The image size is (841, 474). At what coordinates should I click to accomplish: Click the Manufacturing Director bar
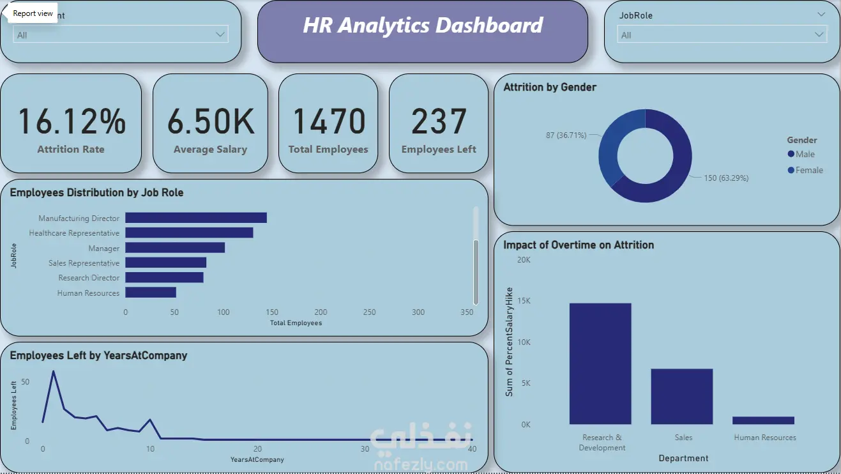[196, 218]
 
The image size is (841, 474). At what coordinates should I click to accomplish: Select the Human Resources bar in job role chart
[151, 293]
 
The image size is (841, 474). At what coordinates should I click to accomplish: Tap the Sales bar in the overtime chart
[682, 397]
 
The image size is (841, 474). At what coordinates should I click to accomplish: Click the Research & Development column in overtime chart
[600, 364]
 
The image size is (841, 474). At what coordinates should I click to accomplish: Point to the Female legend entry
[805, 170]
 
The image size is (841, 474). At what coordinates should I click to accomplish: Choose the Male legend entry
[801, 154]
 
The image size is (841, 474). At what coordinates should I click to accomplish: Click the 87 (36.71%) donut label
[566, 135]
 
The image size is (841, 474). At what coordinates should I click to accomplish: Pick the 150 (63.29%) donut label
[726, 178]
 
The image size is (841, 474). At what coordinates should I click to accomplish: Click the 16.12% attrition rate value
[72, 121]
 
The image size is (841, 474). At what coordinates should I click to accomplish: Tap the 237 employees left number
[439, 121]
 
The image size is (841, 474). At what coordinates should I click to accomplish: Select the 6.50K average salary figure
[211, 121]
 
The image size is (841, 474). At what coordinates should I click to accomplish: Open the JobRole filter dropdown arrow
[819, 34]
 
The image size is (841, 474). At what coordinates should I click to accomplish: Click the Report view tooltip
[33, 13]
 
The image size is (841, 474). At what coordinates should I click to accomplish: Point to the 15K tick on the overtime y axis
[524, 301]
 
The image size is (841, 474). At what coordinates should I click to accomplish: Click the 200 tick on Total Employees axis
[321, 312]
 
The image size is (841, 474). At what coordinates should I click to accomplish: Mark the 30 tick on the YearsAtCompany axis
[365, 449]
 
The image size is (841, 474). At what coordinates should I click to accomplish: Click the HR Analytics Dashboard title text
[423, 26]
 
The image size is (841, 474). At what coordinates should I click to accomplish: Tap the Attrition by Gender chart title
[550, 87]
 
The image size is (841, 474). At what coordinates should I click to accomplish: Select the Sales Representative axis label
[84, 263]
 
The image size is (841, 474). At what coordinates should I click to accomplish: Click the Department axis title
[683, 458]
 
